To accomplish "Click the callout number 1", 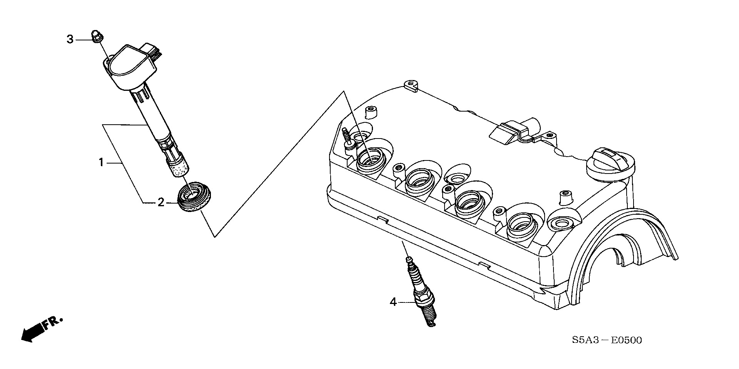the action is coord(101,163).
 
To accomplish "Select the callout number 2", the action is coord(161,202).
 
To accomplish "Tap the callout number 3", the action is coord(70,39).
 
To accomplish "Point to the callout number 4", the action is coord(393,302).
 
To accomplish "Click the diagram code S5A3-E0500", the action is coord(607,340).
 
